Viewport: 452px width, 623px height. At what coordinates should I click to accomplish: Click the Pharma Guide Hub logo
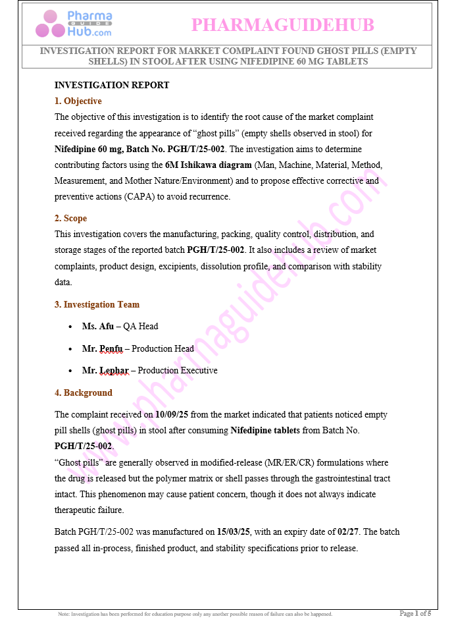74,24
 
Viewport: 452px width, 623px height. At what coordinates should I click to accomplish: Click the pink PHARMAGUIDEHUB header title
282,25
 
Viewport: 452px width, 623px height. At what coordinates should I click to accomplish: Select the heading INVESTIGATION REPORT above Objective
112,85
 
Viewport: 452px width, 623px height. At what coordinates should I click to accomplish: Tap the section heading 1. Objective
78,101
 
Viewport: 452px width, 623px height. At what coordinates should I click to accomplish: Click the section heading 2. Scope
71,218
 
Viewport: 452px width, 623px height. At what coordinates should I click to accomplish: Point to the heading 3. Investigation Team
97,304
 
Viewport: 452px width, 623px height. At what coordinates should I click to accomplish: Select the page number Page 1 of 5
415,614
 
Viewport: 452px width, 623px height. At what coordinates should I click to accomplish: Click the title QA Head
141,326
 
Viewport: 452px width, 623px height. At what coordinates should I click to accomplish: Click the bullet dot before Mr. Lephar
70,371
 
